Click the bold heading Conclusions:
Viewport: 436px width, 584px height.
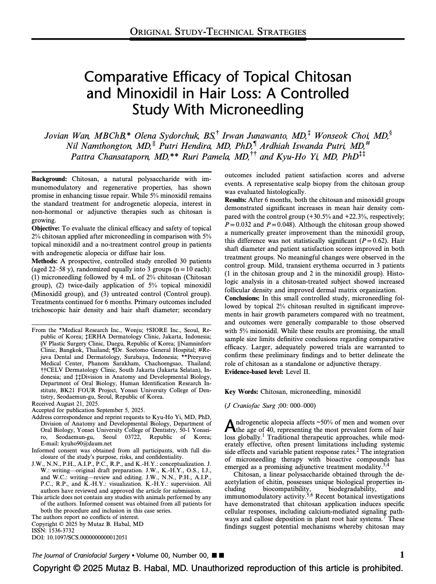[x=243, y=297]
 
